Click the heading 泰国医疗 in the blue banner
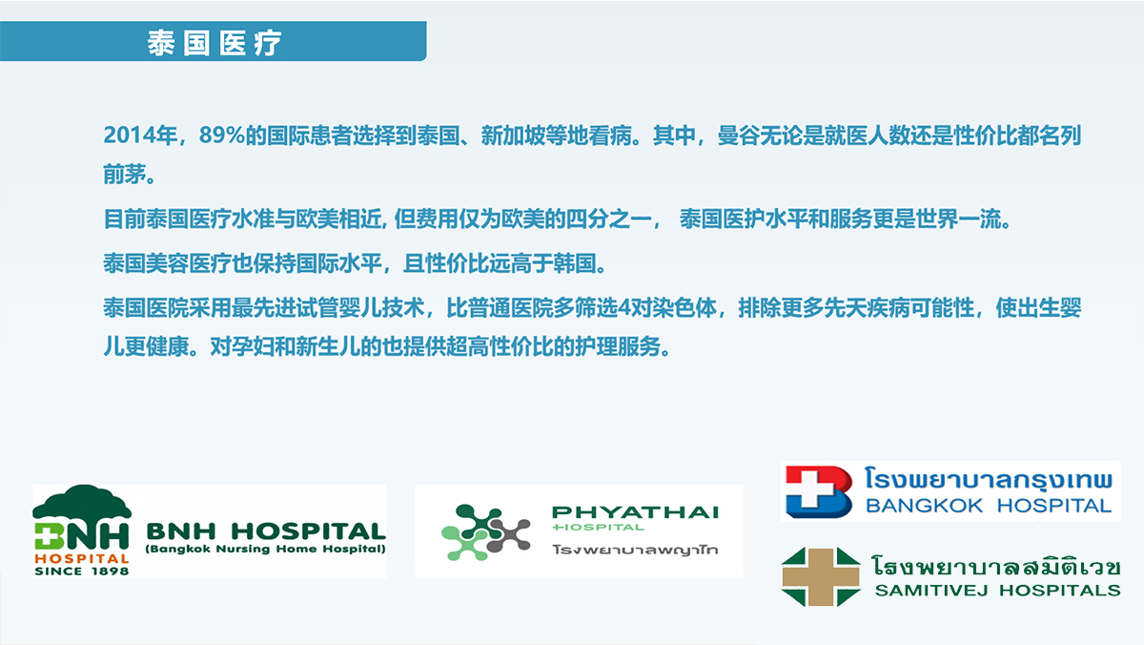[x=214, y=43]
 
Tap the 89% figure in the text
[x=221, y=135]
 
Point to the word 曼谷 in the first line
[x=739, y=135]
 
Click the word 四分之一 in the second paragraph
[x=609, y=219]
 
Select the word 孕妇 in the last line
[x=253, y=347]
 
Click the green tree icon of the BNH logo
[x=82, y=503]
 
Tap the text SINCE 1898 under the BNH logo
[x=82, y=571]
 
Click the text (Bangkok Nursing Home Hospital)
[x=266, y=549]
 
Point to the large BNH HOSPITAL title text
[x=266, y=531]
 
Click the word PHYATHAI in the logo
[x=635, y=512]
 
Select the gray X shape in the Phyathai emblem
[x=508, y=535]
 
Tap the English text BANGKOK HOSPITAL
[x=989, y=506]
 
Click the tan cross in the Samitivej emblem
[x=821, y=577]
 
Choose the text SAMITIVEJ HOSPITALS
[x=998, y=591]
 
